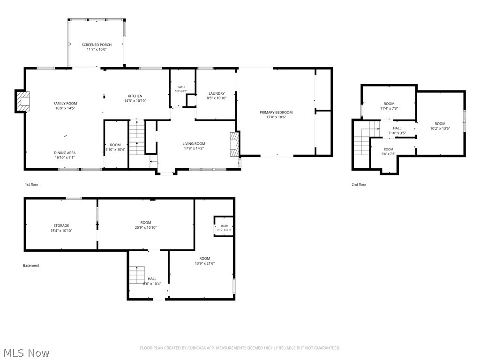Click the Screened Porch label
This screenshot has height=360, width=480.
pos(97,45)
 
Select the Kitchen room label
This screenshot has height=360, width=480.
pos(135,96)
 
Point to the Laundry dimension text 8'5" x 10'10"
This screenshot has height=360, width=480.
pos(217,98)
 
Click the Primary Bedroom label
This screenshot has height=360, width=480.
pos(276,112)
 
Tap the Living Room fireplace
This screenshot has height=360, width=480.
pos(234,144)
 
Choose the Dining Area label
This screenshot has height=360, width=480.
pos(65,153)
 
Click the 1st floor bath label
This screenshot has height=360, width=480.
pos(181,87)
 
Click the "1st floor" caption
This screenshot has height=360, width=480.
pos(31,184)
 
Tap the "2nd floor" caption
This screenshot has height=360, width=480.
pos(359,184)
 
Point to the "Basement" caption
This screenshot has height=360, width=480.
pos(31,265)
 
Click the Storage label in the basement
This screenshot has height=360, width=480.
pos(61,225)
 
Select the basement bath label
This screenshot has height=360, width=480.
pos(225,226)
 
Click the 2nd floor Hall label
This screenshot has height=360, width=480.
pos(397,128)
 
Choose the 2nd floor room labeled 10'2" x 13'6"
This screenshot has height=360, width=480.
pos(440,126)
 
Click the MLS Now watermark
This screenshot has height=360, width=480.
pos(27,353)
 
